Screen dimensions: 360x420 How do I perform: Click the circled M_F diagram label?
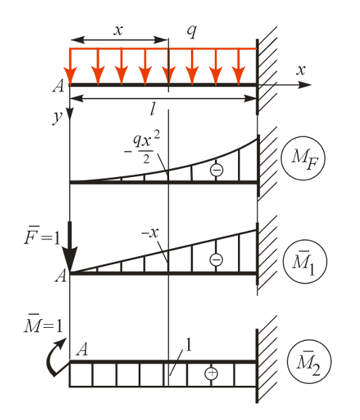coord(303,158)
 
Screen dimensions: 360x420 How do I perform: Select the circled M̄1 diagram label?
coord(305,262)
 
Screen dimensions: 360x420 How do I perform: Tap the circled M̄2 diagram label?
coord(309,362)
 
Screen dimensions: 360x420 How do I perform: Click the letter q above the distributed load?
coord(192,31)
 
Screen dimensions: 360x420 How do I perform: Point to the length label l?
coord(153,109)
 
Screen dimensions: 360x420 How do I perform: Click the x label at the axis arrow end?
coord(300,70)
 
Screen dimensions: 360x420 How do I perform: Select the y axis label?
coord(58,118)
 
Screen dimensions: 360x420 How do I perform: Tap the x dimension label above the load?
coord(118,30)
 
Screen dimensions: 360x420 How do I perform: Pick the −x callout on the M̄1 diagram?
coord(150,233)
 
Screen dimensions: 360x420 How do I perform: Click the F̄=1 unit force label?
coord(42,236)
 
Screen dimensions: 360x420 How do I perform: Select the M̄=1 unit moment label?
coord(43,324)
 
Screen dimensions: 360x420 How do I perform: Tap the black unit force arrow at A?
coord(70,247)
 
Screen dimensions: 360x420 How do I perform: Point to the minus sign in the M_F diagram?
coord(216,170)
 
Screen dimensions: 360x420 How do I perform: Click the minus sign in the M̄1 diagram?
coord(216,260)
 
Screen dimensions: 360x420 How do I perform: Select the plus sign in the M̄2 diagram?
coord(211,373)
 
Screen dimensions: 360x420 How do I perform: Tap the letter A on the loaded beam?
coord(59,86)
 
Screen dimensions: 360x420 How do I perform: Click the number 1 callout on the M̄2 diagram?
coord(189,345)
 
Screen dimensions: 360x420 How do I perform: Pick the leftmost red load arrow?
coord(70,67)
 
